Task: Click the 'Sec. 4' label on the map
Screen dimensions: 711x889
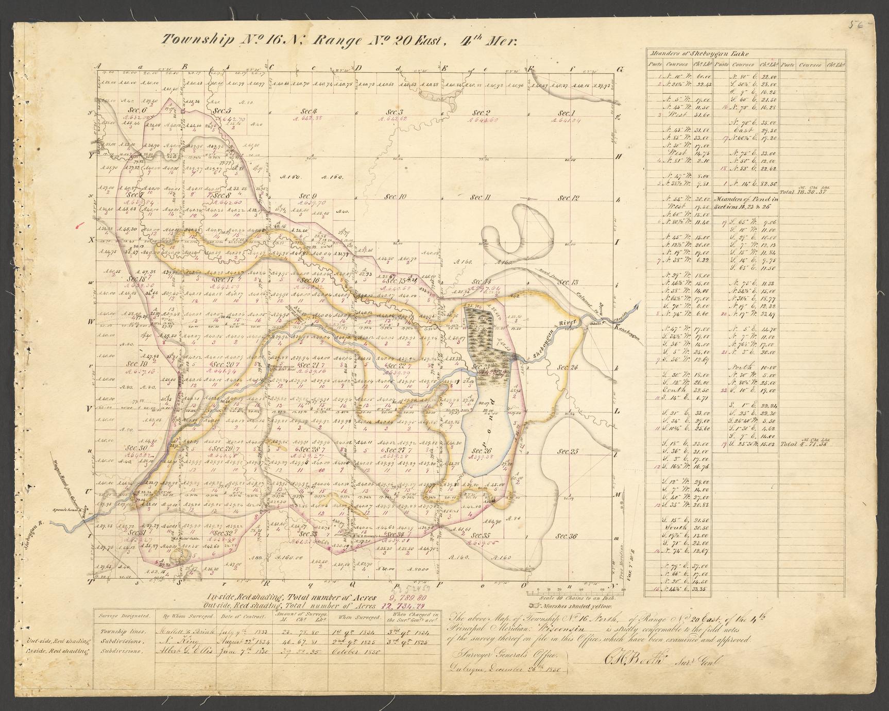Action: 309,111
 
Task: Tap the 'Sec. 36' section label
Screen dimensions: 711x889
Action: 566,536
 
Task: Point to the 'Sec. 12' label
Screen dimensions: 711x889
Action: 569,198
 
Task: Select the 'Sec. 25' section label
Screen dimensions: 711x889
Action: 568,451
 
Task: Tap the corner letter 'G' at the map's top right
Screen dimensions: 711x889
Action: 621,70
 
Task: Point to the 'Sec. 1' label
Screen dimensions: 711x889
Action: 566,113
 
